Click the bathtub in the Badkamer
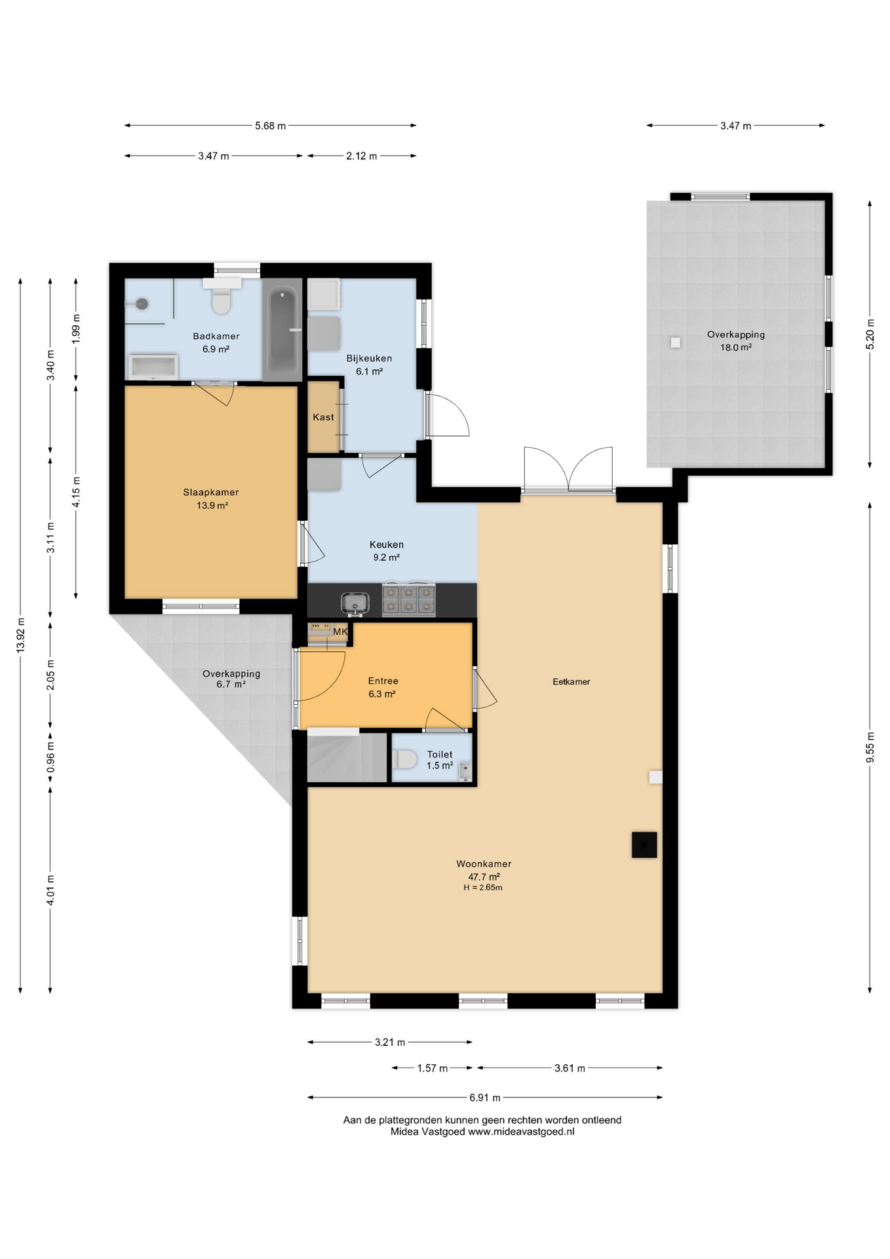(282, 330)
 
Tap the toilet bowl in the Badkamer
(222, 301)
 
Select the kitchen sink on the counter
(355, 603)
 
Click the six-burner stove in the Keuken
(409, 599)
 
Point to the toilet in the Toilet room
(405, 760)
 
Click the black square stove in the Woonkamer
(644, 845)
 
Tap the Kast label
(323, 417)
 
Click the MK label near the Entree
(340, 631)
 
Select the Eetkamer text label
(571, 682)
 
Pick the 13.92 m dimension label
(21, 635)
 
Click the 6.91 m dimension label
(485, 1098)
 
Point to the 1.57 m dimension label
(433, 1068)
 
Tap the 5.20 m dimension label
(870, 334)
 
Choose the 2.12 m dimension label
(362, 156)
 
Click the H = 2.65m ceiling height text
(483, 888)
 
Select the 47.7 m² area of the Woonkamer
(484, 877)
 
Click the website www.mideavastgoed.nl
(521, 1131)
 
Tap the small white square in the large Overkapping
(676, 342)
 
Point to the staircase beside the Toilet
(347, 757)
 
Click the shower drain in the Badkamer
(142, 304)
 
